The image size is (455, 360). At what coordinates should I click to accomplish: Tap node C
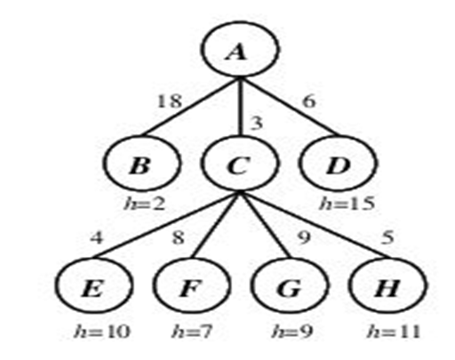point(236,164)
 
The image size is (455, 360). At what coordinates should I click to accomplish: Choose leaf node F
point(188,289)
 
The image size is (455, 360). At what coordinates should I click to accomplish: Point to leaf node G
point(285,289)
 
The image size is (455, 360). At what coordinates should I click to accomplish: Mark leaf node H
point(385,289)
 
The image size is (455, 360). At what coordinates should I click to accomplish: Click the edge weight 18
point(168,102)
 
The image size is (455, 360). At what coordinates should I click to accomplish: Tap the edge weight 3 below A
point(256,122)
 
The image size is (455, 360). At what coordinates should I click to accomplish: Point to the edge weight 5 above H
point(385,238)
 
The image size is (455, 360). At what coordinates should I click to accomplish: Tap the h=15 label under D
point(347,204)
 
